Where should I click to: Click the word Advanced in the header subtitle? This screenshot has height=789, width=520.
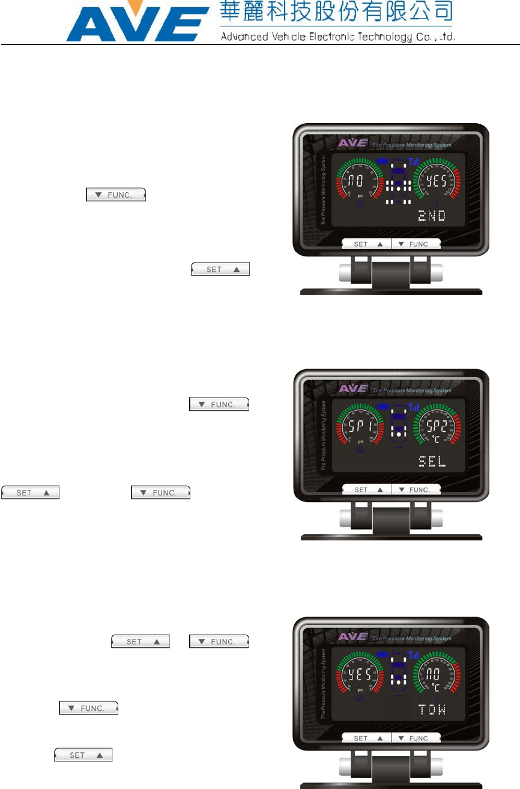(x=242, y=36)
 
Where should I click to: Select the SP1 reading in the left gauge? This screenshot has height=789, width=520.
(x=360, y=427)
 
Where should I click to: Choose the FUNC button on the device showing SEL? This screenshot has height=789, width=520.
(x=416, y=490)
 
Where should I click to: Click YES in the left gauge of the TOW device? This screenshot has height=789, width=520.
(x=360, y=674)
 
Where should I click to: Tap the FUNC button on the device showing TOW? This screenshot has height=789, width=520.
(x=416, y=738)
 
